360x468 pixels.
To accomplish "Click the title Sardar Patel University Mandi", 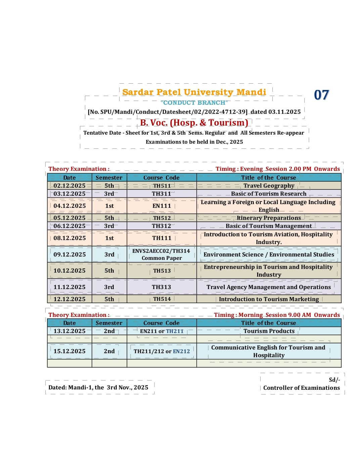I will coord(194,92).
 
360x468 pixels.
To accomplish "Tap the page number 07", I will coord(321,95).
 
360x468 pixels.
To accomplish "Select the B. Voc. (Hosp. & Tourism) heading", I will coord(194,123).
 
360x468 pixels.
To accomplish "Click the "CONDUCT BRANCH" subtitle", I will coord(194,103).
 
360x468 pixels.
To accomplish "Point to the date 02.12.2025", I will coord(70,186).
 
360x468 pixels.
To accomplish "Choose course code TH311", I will coord(162,194).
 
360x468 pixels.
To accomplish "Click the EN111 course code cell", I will coord(162,206).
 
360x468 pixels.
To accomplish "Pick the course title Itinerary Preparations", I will coord(269,218).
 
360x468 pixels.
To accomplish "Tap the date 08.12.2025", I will coord(70,238).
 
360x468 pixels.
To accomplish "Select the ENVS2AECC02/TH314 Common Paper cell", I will coord(162,254).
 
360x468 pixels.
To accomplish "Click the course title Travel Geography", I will coord(269,186).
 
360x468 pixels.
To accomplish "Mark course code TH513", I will coord(162,271).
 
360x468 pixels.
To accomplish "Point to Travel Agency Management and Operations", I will coord(269,287).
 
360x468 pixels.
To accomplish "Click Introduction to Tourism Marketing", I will coord(269,299).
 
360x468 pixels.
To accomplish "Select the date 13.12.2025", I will coord(70,331).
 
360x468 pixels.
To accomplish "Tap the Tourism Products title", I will coord(269,331).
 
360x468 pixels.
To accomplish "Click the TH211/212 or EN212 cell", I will coord(162,351).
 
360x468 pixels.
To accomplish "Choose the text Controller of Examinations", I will coord(301,388).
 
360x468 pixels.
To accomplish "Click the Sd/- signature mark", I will coord(334,380).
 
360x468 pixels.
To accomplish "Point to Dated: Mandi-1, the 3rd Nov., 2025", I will coord(98,387).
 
